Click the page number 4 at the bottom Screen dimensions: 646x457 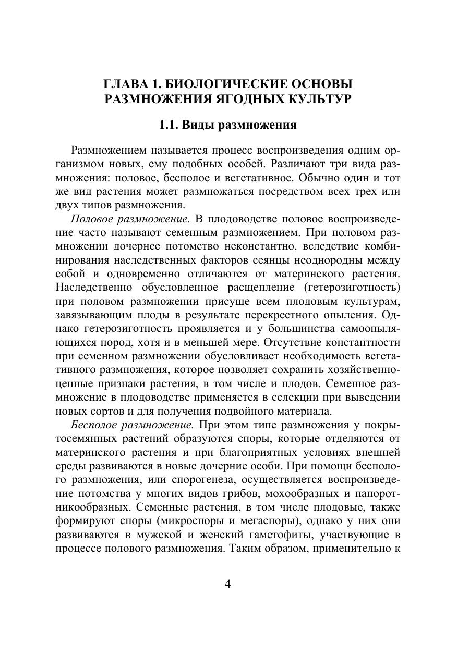[227, 583]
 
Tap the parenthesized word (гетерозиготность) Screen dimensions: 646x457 [350, 288]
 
